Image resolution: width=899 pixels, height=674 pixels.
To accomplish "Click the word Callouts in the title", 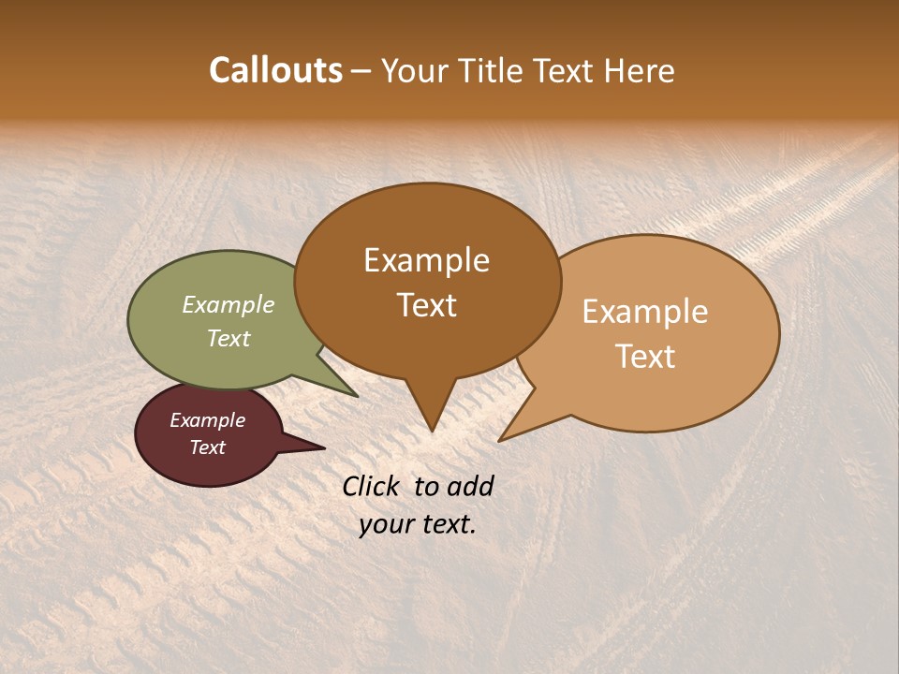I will point(275,70).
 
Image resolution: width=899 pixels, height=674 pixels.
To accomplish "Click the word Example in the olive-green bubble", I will point(228,304).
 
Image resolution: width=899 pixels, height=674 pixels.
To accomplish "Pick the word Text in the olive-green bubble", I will point(228,338).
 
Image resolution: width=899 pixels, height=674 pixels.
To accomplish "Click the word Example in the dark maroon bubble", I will point(208,420).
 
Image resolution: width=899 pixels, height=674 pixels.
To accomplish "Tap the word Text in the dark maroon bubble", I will point(208,447).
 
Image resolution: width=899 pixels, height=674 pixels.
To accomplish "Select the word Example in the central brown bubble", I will point(427,260).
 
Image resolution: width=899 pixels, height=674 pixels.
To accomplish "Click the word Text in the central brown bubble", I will point(427,304).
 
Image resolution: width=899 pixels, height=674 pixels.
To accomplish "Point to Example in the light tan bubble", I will point(645,312).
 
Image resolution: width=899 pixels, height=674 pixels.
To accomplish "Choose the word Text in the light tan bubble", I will point(646,356).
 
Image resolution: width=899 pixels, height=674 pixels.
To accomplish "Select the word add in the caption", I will point(470,486).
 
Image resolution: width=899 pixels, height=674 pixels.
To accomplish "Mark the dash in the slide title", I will point(361,71).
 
